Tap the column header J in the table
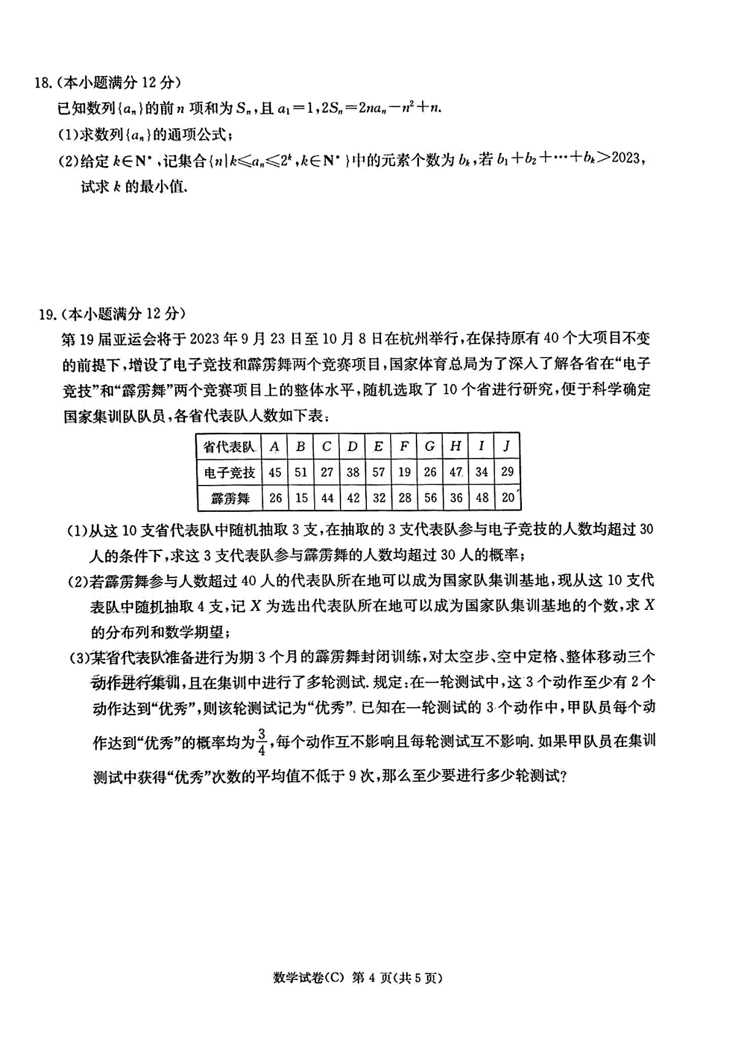(x=507, y=446)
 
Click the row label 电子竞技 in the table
(x=229, y=472)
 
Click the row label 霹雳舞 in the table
(x=230, y=498)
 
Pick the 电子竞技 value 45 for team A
(x=275, y=472)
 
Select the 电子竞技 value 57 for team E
(x=379, y=472)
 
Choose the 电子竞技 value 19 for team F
(x=404, y=472)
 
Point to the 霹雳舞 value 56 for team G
(x=430, y=498)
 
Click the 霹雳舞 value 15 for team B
(x=301, y=498)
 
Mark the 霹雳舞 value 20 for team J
(x=508, y=497)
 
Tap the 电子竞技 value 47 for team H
(x=456, y=472)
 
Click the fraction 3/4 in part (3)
(x=262, y=742)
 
